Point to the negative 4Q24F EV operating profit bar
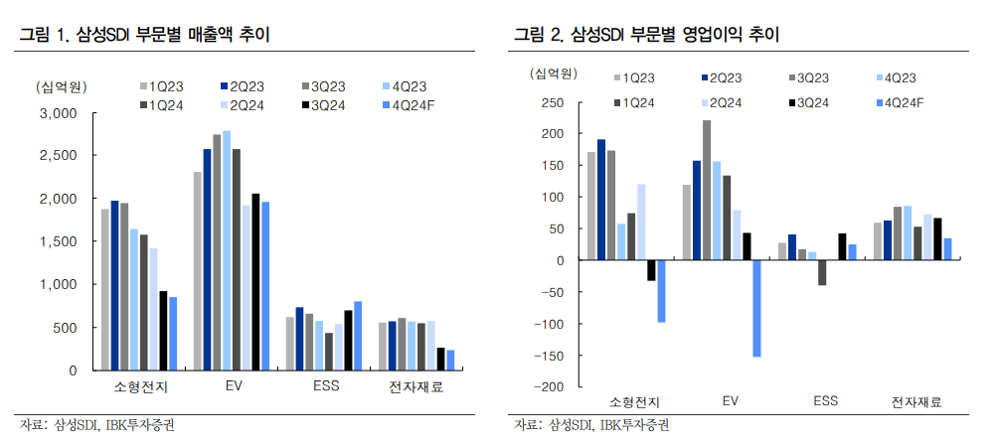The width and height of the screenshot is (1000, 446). tap(755, 308)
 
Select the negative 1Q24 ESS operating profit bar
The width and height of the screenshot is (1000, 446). tap(822, 272)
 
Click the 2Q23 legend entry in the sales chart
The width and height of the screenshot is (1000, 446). tap(239, 86)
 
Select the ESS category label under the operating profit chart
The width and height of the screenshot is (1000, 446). tap(825, 401)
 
